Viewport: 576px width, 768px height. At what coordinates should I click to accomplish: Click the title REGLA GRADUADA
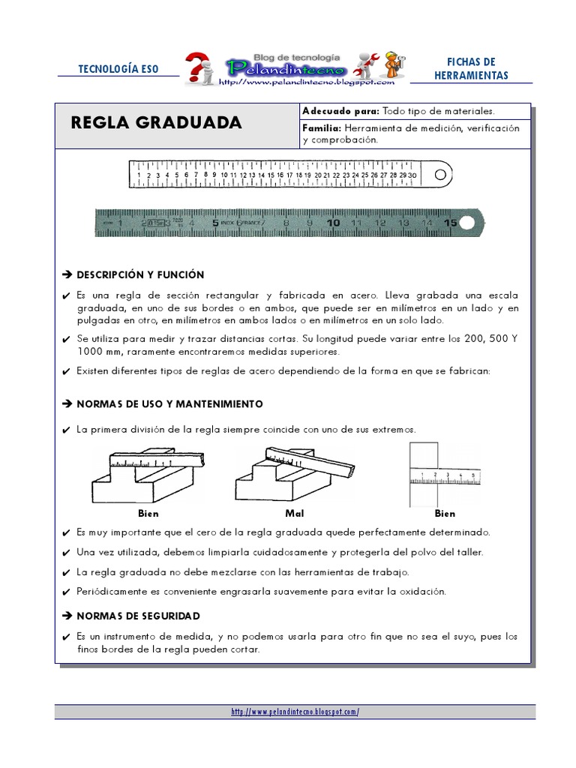(x=156, y=122)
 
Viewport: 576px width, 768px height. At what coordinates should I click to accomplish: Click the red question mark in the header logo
(x=197, y=67)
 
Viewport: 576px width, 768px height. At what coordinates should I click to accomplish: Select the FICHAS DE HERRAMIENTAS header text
(x=471, y=68)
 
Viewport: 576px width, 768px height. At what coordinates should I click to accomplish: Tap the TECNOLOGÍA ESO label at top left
(x=118, y=69)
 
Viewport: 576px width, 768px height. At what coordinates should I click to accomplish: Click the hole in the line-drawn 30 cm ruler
(x=440, y=174)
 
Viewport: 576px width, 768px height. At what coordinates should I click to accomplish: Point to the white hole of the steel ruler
(x=466, y=223)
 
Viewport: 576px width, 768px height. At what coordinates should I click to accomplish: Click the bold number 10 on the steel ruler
(x=333, y=223)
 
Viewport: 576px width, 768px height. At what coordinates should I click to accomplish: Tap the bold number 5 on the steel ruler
(x=215, y=223)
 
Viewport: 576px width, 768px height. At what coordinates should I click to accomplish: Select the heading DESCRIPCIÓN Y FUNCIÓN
(x=140, y=274)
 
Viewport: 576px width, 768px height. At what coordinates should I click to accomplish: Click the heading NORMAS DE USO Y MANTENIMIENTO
(x=170, y=404)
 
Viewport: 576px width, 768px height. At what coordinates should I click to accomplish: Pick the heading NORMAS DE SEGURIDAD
(x=139, y=616)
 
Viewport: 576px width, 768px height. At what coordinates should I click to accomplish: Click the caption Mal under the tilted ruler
(x=294, y=513)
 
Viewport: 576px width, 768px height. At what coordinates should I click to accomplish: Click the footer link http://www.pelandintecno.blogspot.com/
(x=295, y=712)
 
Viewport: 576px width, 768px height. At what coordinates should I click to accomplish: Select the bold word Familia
(x=322, y=128)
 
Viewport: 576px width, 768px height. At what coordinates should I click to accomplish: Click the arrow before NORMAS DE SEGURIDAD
(x=67, y=616)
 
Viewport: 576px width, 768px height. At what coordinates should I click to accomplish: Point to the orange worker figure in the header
(x=394, y=64)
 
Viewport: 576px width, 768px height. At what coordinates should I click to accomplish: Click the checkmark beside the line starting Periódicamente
(x=66, y=592)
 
